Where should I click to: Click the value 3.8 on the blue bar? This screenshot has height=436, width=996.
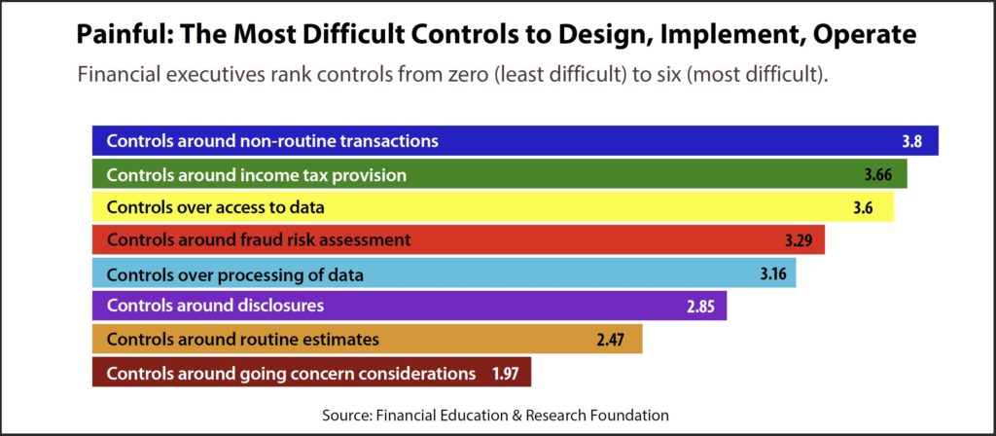point(911,141)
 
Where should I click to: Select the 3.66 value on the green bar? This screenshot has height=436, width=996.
point(877,175)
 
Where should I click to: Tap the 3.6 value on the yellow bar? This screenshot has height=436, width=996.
point(864,208)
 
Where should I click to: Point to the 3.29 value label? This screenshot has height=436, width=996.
point(798,241)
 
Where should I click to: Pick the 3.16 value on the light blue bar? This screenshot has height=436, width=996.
point(773,274)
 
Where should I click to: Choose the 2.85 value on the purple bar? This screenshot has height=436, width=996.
point(700,307)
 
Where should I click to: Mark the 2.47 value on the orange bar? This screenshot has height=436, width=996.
point(611,340)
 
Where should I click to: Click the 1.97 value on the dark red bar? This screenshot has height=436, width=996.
point(506,373)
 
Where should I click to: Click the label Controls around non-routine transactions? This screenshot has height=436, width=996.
point(272,140)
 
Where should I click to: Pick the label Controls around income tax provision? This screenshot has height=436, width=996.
point(257,175)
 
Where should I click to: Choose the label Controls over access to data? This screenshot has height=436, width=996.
point(216,208)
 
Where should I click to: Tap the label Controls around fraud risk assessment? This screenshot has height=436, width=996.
point(259,241)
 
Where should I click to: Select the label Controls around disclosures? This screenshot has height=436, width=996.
point(215,307)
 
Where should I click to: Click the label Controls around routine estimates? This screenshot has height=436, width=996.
point(243,340)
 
